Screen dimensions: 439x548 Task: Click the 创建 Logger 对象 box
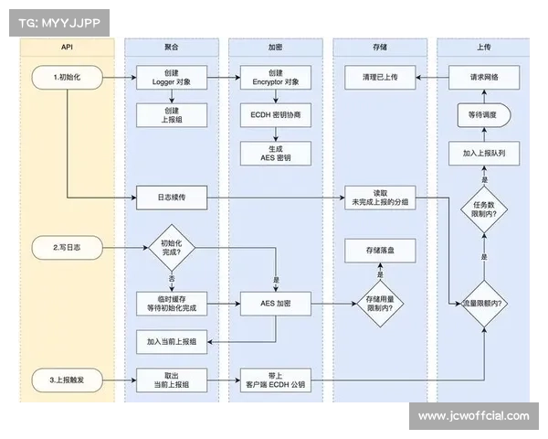coord(171,78)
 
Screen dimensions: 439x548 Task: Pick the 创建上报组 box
coord(171,114)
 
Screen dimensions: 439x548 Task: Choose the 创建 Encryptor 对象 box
coord(275,78)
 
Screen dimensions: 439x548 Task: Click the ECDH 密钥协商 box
coord(275,118)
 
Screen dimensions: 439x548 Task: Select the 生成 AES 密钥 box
coord(275,153)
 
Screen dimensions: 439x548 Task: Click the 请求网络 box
coord(483,78)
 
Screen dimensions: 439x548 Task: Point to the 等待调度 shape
coord(483,116)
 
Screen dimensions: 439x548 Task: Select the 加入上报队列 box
coord(483,155)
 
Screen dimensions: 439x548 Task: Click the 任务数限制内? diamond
coord(483,212)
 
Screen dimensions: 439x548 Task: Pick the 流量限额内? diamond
coord(483,302)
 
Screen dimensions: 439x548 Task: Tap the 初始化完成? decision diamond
coord(171,248)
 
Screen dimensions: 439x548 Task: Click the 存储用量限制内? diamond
coord(379,303)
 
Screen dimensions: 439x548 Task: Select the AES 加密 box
coord(275,302)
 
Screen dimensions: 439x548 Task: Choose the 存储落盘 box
coord(379,248)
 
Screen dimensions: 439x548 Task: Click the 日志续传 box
coord(171,197)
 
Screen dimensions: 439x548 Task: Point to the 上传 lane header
coord(483,45)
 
